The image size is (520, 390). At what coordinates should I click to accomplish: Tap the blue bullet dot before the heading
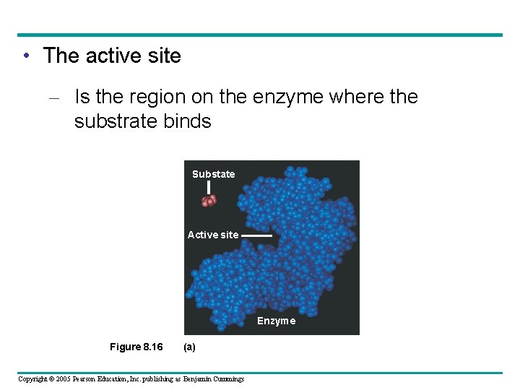coord(25,56)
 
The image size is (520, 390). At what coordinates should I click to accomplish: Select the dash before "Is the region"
coord(59,97)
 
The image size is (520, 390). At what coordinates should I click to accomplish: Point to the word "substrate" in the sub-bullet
coord(116,121)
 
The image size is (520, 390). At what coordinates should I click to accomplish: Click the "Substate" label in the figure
coord(213,174)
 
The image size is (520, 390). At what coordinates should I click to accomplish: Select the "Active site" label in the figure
coord(212,235)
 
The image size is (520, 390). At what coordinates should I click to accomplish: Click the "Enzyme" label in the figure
coord(276,321)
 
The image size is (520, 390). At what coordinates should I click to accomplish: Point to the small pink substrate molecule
coord(209,200)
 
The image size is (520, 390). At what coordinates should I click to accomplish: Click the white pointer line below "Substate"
coord(209,188)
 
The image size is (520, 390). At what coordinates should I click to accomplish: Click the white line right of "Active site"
coord(256,235)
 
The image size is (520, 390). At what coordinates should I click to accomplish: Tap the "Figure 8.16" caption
coord(136,347)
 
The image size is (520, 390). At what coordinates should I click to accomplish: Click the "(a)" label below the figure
coord(189,347)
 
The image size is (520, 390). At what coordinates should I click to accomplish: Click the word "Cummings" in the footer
coord(227,379)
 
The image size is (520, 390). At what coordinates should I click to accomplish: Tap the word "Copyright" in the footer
coord(31,379)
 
